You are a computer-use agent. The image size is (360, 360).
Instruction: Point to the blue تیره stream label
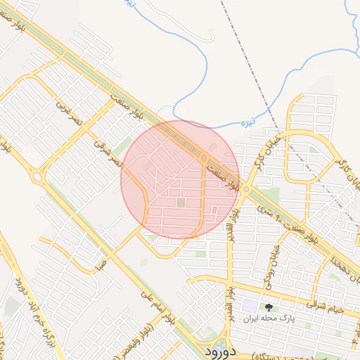pos(247,124)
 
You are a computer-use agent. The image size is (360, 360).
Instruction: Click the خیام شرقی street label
pos(325,305)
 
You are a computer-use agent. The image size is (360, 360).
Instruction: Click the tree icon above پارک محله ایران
pos(268,307)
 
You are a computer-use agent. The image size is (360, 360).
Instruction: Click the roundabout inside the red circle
pos(204,159)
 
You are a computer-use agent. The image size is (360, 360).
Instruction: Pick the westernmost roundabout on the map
pos(36,176)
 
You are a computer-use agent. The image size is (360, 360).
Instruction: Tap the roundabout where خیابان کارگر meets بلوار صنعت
pos(245,189)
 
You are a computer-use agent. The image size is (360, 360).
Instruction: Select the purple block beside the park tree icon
pos(250,307)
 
